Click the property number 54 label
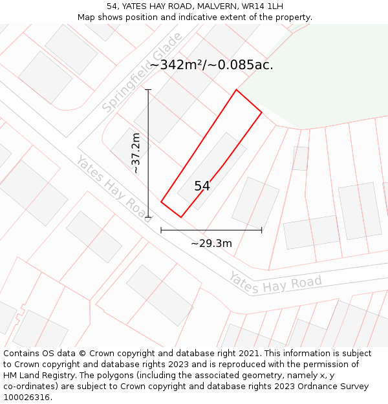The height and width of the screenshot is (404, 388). point(202,186)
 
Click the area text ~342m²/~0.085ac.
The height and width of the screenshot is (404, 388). point(211,65)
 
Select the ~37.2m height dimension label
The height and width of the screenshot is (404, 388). point(135,153)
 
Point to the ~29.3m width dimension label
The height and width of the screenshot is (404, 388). point(211,244)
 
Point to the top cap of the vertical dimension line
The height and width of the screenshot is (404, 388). point(148,90)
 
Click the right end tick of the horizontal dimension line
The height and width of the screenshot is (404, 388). point(262,229)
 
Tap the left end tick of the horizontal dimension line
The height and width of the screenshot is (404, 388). point(161,229)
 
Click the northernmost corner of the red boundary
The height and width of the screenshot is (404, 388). point(236,90)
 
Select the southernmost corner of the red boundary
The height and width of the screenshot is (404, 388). point(180,217)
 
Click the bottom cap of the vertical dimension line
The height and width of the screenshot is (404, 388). point(148,217)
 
